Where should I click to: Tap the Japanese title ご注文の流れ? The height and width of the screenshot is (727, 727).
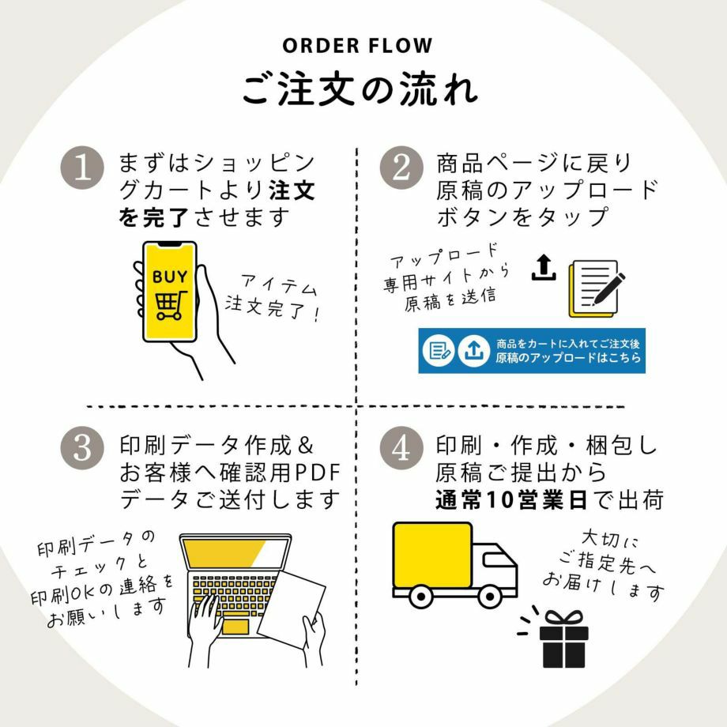pyautogui.click(x=360, y=89)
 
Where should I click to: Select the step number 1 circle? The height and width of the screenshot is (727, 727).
pyautogui.click(x=82, y=169)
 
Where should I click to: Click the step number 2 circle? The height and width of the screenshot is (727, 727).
pyautogui.click(x=401, y=168)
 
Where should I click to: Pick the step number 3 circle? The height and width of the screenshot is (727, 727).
pyautogui.click(x=82, y=448)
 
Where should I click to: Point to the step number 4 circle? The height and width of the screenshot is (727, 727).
pyautogui.click(x=401, y=448)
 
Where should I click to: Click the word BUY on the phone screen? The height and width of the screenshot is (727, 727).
pyautogui.click(x=170, y=277)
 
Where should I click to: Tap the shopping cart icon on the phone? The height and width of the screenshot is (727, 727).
pyautogui.click(x=169, y=305)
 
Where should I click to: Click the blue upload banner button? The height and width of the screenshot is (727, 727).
pyautogui.click(x=531, y=351)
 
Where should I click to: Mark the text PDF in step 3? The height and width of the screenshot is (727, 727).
pyautogui.click(x=316, y=473)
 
